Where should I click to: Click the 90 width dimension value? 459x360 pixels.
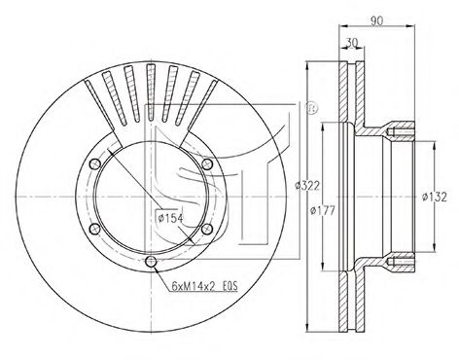tap(377, 20)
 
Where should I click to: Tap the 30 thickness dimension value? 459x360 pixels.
tap(352, 42)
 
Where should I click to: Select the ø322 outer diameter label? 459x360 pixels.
tap(307, 186)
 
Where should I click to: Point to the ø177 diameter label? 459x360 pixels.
tap(322, 210)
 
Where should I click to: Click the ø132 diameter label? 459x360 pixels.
tap(435, 197)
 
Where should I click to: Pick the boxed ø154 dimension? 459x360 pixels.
tap(169, 218)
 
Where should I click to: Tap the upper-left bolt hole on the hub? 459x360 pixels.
tap(95, 164)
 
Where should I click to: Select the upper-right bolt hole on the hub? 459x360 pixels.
tap(207, 164)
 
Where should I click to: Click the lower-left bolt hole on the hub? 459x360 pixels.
tap(94, 229)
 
